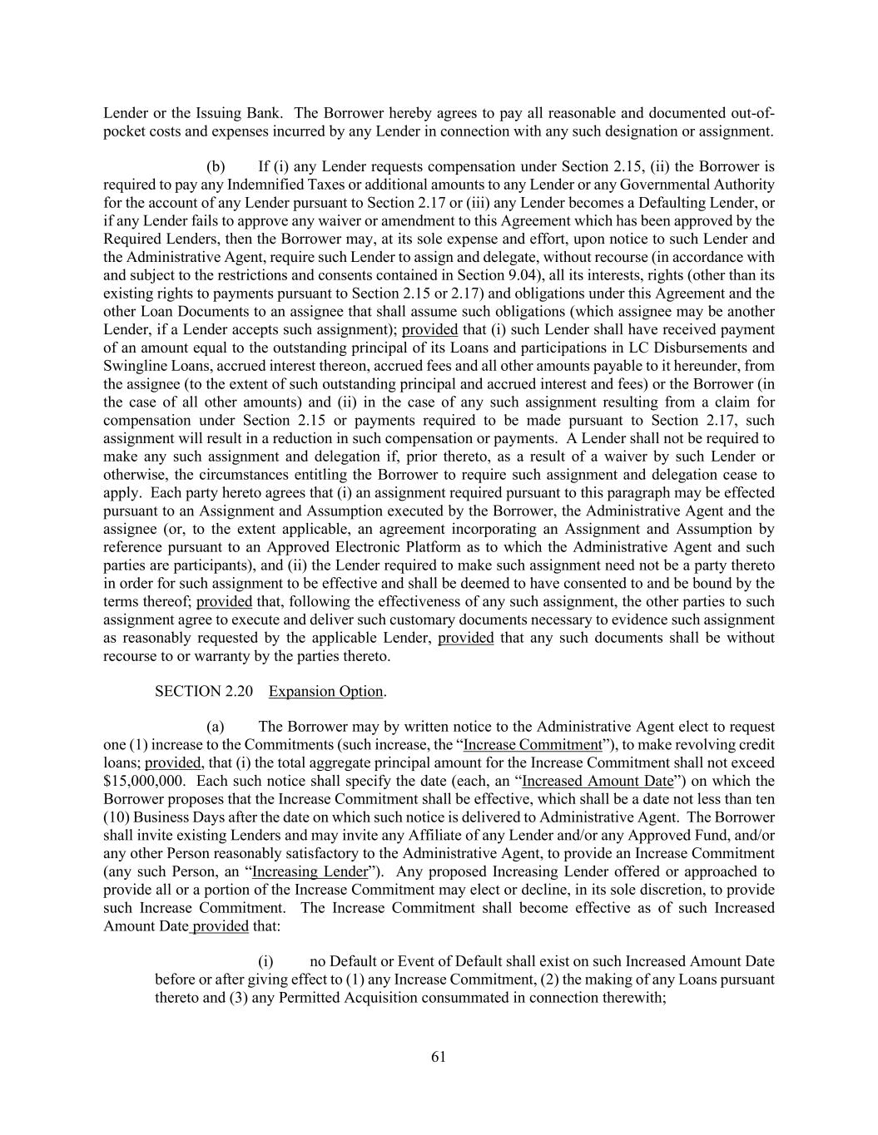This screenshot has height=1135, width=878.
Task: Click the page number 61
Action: click(x=439, y=1056)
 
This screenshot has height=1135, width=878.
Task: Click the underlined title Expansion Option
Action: click(x=325, y=691)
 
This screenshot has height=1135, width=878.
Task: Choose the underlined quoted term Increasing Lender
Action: click(x=310, y=871)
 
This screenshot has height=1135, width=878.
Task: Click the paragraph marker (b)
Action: click(x=216, y=166)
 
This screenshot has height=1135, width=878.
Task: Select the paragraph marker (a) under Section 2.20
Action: click(x=216, y=727)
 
